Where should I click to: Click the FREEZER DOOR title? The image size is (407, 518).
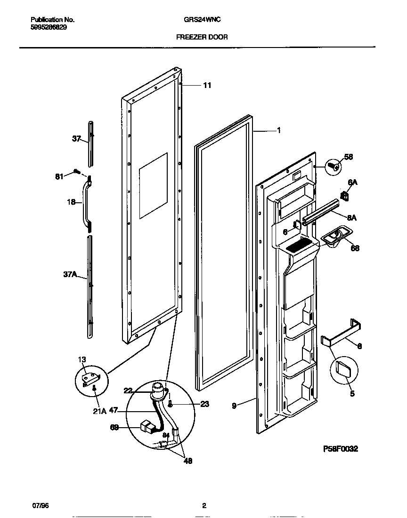click(x=202, y=37)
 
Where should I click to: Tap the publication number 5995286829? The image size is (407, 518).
click(x=49, y=27)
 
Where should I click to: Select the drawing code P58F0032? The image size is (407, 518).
click(x=340, y=449)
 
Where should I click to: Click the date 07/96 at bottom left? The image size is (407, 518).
click(x=40, y=506)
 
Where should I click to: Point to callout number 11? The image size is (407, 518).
click(x=207, y=85)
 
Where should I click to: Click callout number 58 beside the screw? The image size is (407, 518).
click(x=348, y=157)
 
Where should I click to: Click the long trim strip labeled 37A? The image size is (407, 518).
click(x=90, y=287)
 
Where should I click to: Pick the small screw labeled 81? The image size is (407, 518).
click(x=76, y=172)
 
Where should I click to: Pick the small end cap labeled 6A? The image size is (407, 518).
click(x=344, y=195)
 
